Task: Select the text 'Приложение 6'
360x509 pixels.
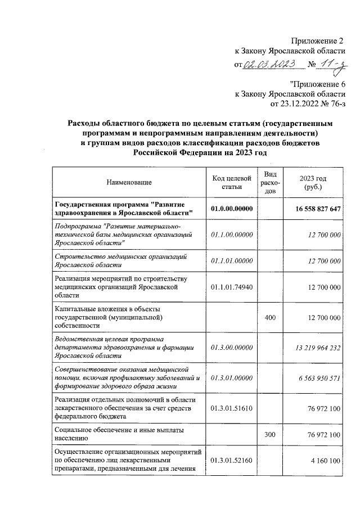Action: click(x=317, y=84)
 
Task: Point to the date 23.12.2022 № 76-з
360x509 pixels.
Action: click(x=307, y=104)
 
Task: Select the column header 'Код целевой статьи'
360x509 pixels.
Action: click(x=231, y=182)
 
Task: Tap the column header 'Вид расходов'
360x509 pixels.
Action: click(x=270, y=182)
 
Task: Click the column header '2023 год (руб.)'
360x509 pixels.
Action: click(x=314, y=182)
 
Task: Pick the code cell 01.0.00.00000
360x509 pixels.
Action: click(x=231, y=209)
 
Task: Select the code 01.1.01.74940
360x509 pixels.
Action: click(x=231, y=287)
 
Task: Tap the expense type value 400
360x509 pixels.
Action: click(x=270, y=318)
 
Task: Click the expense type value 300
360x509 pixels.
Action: click(x=270, y=435)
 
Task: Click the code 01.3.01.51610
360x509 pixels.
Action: click(x=231, y=408)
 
